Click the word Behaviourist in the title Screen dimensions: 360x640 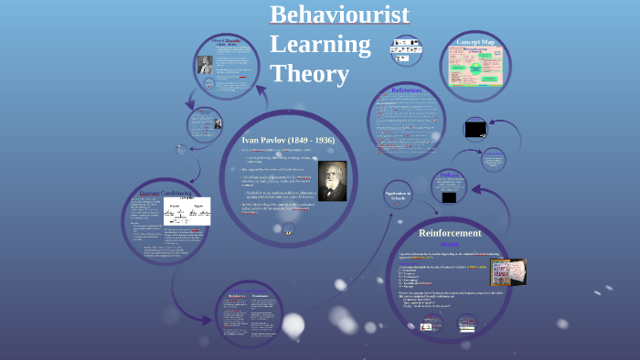pyautogui.click(x=339, y=16)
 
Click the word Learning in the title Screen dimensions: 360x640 pyautogui.click(x=320, y=44)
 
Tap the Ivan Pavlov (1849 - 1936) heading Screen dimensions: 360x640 pyautogui.click(x=287, y=140)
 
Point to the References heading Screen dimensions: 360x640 pyautogui.click(x=406, y=90)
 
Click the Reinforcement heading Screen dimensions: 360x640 pyautogui.click(x=450, y=232)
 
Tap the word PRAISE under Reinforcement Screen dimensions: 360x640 pyautogui.click(x=450, y=245)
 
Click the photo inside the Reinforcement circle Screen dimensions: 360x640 pyautogui.click(x=507, y=272)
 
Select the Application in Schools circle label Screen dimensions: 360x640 pyautogui.click(x=398, y=196)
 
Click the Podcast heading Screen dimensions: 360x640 pyautogui.click(x=449, y=174)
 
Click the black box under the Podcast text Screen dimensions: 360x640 pyautogui.click(x=448, y=196)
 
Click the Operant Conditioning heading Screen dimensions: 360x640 pyautogui.click(x=164, y=192)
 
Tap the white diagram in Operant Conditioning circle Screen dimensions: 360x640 pyautogui.click(x=187, y=211)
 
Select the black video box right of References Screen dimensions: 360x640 pyautogui.click(x=475, y=129)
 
